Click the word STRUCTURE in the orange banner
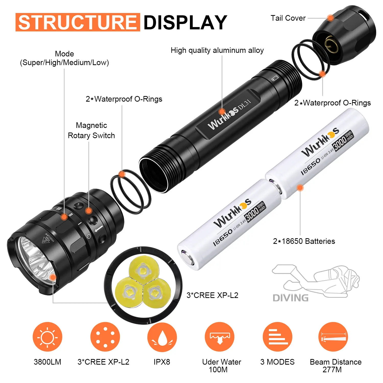[x=78, y=22]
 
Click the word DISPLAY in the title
[x=185, y=22]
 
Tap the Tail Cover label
[x=288, y=18]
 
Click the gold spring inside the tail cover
[x=331, y=44]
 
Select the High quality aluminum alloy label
[x=217, y=50]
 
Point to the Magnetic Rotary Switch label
[x=91, y=130]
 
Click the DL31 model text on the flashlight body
[x=244, y=104]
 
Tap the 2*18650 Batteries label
[x=304, y=241]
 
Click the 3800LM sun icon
[x=47, y=337]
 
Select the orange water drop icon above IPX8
[x=162, y=337]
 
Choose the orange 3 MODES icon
[x=278, y=337]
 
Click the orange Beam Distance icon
[x=333, y=337]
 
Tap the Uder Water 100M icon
[x=220, y=337]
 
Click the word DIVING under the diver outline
[x=291, y=298]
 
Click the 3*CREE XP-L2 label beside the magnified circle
[x=212, y=295]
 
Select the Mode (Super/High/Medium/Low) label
[x=64, y=58]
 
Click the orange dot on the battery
[x=300, y=188]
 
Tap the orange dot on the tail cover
[x=330, y=18]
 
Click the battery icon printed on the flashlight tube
[x=275, y=78]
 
